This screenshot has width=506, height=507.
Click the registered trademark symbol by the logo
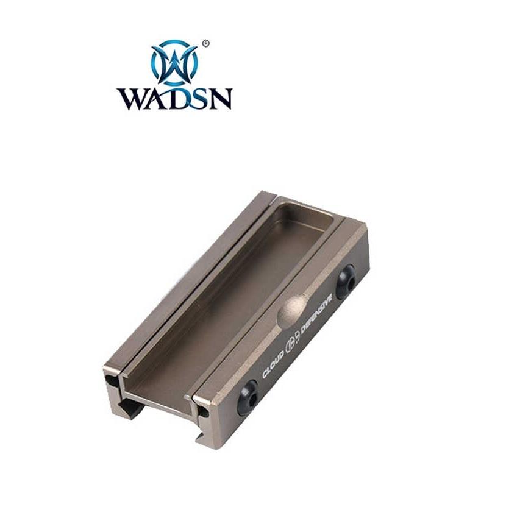tap(205, 43)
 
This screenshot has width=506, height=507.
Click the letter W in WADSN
tap(132, 99)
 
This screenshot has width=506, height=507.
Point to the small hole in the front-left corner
tap(112, 380)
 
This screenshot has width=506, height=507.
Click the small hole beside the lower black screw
tap(203, 412)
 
